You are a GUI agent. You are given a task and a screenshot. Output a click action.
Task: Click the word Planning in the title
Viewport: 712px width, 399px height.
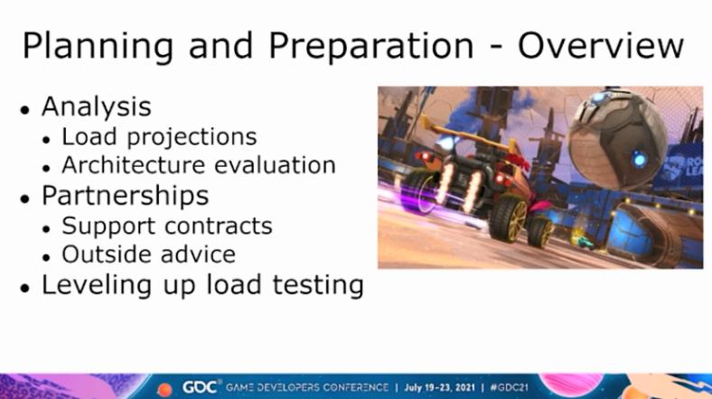click(x=98, y=47)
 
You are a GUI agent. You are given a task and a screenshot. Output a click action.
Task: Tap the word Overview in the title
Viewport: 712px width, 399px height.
click(x=601, y=46)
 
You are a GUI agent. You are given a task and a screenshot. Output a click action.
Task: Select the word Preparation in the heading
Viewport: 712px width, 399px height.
click(x=371, y=47)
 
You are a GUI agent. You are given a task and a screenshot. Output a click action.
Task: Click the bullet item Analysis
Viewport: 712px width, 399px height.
click(x=97, y=108)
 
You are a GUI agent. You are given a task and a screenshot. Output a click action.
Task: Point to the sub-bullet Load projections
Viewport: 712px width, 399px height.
click(x=159, y=137)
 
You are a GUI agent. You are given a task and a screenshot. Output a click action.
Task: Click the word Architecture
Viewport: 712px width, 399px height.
click(x=134, y=164)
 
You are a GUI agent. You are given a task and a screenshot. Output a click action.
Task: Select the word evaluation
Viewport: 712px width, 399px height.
click(x=275, y=164)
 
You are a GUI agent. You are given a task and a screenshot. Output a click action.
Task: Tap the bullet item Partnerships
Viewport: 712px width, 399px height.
click(x=125, y=196)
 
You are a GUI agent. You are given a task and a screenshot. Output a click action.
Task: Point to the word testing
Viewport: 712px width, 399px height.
click(x=318, y=285)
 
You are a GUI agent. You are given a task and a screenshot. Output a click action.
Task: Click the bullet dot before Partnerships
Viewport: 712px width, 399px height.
click(x=25, y=199)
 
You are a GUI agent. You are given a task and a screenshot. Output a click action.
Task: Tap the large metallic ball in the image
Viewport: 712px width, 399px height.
click(x=616, y=137)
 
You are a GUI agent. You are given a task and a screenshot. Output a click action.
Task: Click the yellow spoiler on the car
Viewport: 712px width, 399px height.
click(x=468, y=133)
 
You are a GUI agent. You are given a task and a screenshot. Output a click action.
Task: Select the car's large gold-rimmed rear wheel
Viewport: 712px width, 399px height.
click(x=509, y=218)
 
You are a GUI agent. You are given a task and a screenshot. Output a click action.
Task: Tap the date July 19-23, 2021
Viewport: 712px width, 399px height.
click(x=439, y=387)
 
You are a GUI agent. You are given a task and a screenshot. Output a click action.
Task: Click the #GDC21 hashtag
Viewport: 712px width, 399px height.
click(x=509, y=387)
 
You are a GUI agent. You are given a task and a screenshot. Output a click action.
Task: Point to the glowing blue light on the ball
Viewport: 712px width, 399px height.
click(x=640, y=159)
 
